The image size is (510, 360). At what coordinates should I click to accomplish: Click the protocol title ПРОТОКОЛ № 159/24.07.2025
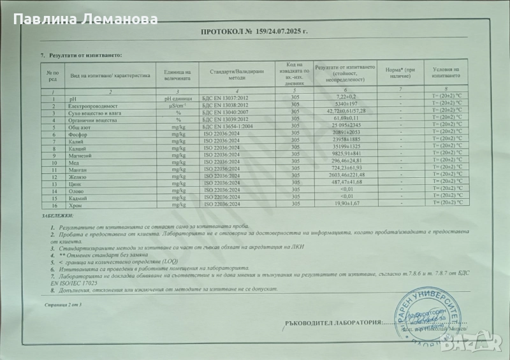254,31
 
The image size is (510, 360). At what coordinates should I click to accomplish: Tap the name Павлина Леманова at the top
85,19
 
